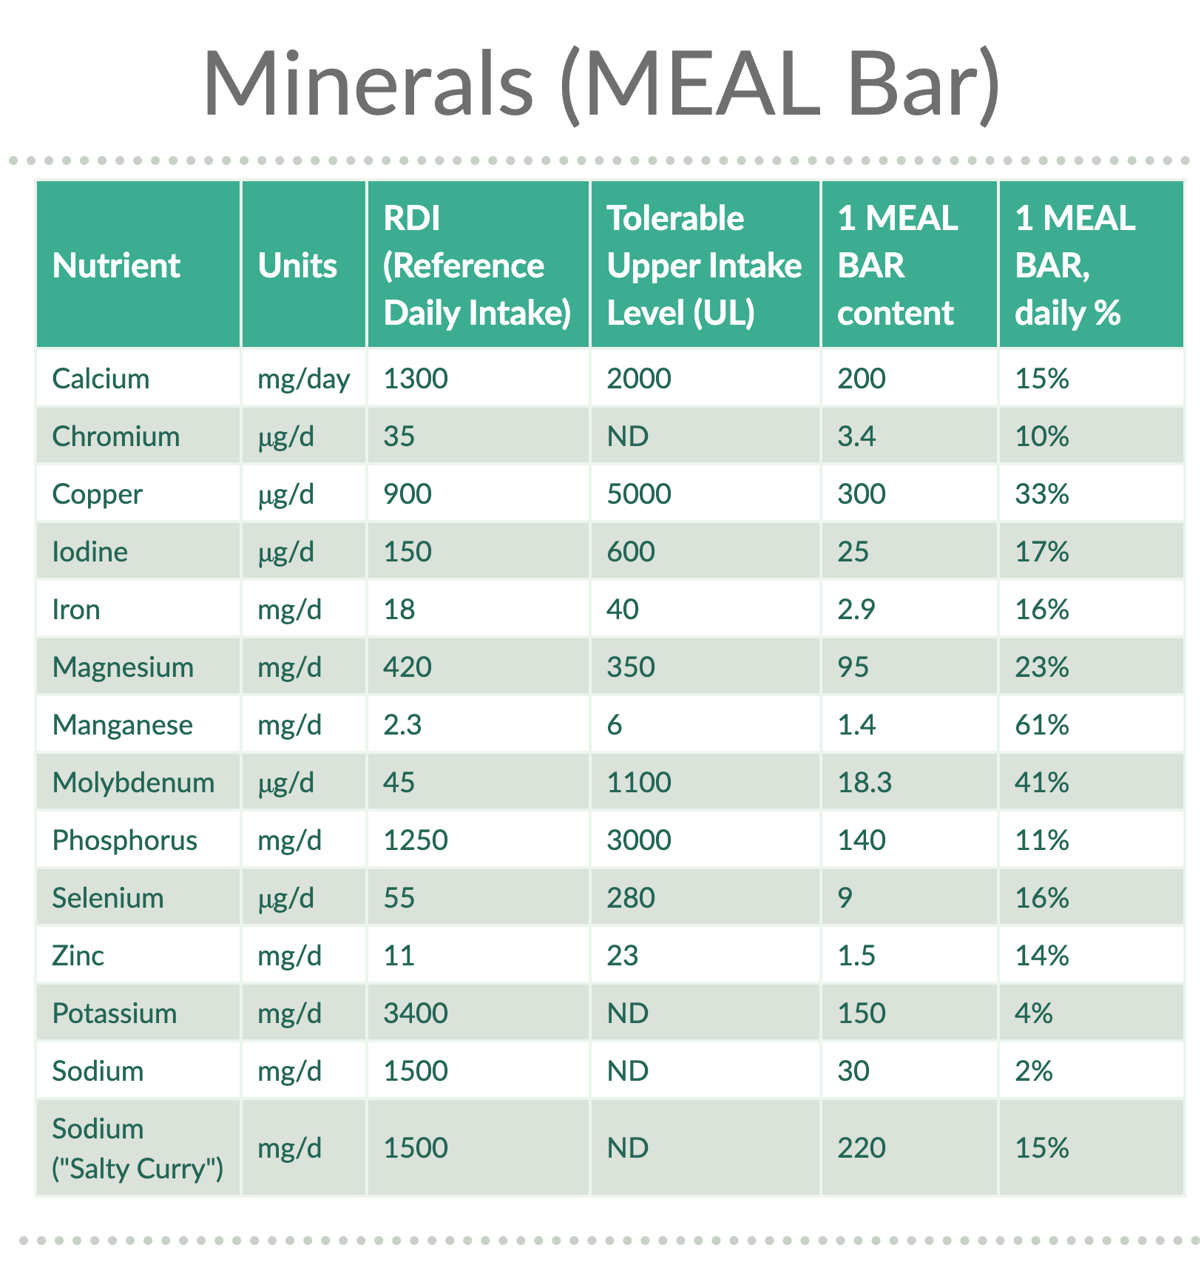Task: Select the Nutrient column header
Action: click(x=116, y=266)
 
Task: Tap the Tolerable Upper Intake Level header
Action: click(x=703, y=266)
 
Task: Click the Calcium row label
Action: click(x=101, y=379)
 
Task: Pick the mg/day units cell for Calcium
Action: click(x=303, y=379)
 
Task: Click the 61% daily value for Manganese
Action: click(x=1041, y=725)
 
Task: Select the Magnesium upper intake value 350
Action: click(x=630, y=667)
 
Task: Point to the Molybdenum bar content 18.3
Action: click(x=864, y=783)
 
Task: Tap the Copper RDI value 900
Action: click(x=407, y=494)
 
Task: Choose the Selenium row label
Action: click(x=108, y=898)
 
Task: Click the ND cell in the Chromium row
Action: click(x=627, y=436)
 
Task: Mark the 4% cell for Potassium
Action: click(x=1033, y=1013)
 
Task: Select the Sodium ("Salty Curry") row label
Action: click(x=138, y=1148)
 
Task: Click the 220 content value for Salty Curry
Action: click(x=861, y=1148)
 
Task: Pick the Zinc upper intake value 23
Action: click(x=622, y=956)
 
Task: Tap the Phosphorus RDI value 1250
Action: click(x=415, y=840)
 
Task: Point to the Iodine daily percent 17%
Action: click(x=1041, y=552)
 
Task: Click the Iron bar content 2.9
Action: click(x=856, y=610)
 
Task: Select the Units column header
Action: click(x=297, y=266)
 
